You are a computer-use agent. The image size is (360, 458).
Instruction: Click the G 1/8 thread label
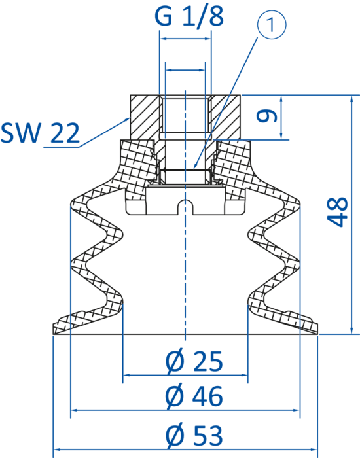[189, 16]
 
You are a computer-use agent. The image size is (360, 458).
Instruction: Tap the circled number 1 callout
[272, 25]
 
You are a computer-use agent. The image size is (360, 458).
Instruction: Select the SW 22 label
[40, 133]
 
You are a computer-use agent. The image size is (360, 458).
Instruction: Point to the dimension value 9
[266, 115]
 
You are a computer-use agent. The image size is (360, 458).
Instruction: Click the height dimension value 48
[337, 213]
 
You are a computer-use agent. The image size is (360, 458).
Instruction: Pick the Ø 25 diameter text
[194, 361]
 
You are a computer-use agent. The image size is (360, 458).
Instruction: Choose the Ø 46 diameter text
[194, 396]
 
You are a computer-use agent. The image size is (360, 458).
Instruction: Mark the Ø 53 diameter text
[194, 436]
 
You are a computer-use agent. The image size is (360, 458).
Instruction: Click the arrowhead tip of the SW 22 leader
[130, 117]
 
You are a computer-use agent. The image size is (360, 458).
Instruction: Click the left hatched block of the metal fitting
[145, 117]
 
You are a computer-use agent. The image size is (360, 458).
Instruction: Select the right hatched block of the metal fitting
[225, 117]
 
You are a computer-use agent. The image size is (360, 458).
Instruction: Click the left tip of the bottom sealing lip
[53, 334]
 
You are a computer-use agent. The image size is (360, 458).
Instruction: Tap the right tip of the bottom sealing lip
[317, 334]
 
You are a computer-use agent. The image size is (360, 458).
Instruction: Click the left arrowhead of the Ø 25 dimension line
[123, 375]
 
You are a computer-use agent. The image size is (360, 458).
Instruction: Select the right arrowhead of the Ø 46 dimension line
[300, 410]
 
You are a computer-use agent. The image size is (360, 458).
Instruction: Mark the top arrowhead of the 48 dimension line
[351, 96]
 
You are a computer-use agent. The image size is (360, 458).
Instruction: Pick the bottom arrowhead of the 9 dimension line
[281, 139]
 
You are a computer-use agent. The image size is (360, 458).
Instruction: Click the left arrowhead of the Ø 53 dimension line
[54, 449]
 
